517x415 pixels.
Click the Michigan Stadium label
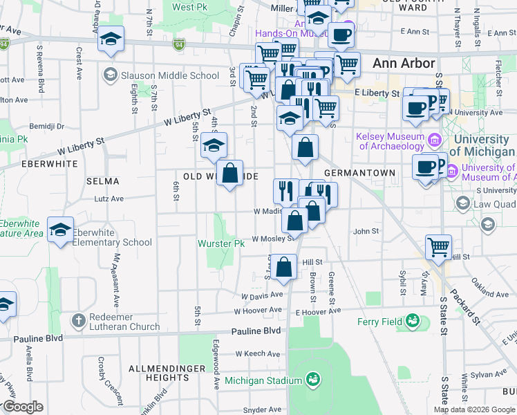pos(263,381)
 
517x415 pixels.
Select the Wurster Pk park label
pos(221,244)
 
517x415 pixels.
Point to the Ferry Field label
pos(379,322)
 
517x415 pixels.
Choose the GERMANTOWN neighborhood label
pos(359,173)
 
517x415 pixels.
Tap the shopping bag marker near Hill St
pos(284,267)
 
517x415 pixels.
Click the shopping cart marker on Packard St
pos(438,247)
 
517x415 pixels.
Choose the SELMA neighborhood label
pos(102,181)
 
